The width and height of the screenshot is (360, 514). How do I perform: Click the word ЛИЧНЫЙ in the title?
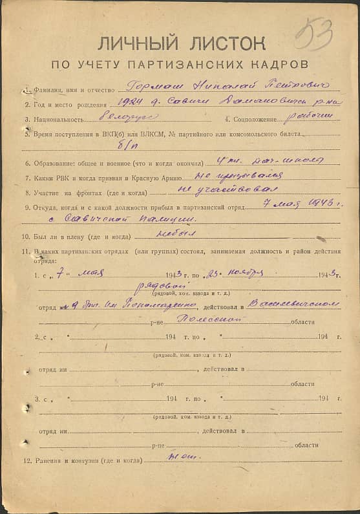(137, 44)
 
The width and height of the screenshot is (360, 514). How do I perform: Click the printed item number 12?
(27, 461)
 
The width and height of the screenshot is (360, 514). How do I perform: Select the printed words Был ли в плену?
(60, 237)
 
